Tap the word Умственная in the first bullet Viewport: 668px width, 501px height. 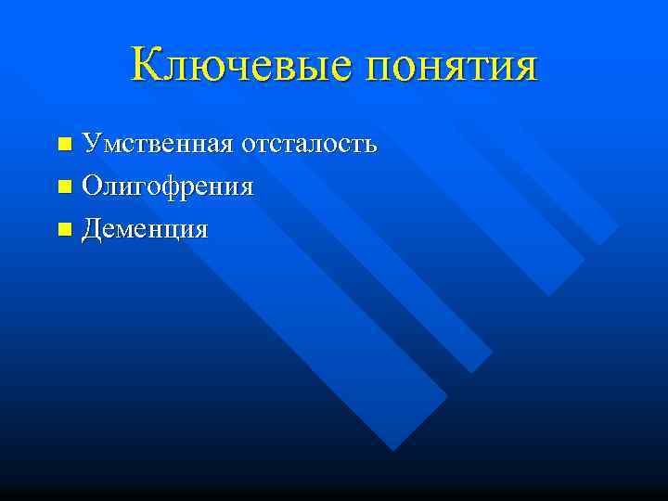pyautogui.click(x=157, y=144)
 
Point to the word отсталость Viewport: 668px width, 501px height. pyautogui.click(x=309, y=145)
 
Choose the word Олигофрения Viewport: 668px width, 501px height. pyautogui.click(x=167, y=186)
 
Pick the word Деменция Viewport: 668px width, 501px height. pyautogui.click(x=145, y=228)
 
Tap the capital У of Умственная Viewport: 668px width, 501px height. pyautogui.click(x=91, y=144)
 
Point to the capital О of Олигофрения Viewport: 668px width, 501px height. pyautogui.click(x=92, y=186)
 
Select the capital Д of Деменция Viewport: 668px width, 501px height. pyautogui.click(x=92, y=228)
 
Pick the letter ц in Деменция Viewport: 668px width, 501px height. pyautogui.click(x=173, y=230)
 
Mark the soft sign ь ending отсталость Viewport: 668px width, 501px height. pyautogui.click(x=369, y=146)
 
